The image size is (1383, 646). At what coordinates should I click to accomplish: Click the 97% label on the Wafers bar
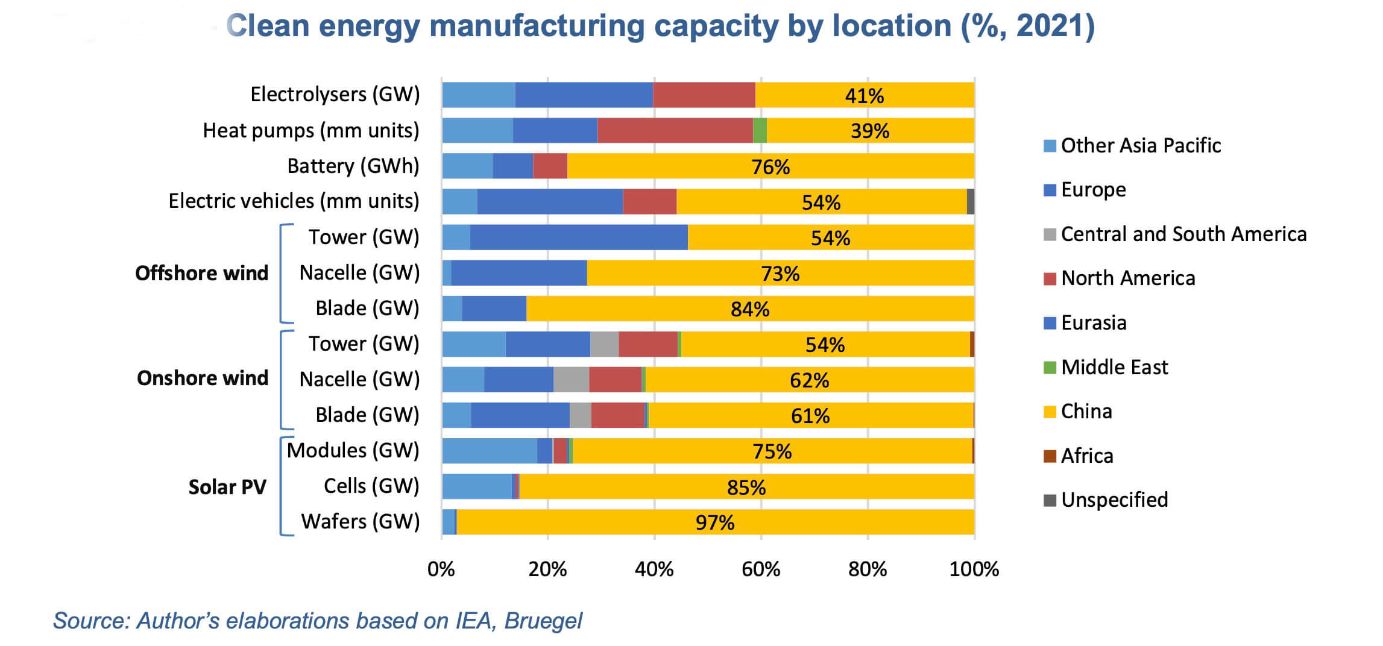(x=715, y=522)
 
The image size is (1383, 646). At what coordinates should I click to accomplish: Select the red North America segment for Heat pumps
(x=675, y=131)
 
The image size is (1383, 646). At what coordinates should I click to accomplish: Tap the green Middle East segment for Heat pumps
(x=760, y=131)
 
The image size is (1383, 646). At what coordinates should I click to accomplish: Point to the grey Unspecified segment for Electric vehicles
(x=970, y=201)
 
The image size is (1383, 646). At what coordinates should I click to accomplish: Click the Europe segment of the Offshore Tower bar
(x=578, y=237)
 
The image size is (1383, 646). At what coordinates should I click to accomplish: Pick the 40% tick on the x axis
(x=654, y=569)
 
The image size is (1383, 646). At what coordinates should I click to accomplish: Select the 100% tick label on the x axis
(x=974, y=569)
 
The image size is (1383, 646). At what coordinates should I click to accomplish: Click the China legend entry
(x=1086, y=412)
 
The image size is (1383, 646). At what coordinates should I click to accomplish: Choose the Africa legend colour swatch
(x=1050, y=456)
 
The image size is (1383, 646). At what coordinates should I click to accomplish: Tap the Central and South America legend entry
(x=1183, y=234)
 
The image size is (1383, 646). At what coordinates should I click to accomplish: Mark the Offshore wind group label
(x=201, y=274)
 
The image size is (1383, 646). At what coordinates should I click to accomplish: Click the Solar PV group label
(x=227, y=487)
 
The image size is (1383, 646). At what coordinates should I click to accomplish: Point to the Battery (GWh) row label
(x=353, y=166)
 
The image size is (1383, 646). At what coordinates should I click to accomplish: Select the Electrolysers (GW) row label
(x=335, y=95)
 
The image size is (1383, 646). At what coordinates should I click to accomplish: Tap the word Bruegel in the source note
(x=543, y=621)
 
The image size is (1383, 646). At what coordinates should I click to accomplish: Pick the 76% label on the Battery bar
(x=770, y=167)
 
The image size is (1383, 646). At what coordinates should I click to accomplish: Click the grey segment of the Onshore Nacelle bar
(x=571, y=380)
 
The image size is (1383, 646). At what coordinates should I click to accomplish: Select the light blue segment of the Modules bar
(x=489, y=451)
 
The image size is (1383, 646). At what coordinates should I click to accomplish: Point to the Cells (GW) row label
(x=371, y=486)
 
